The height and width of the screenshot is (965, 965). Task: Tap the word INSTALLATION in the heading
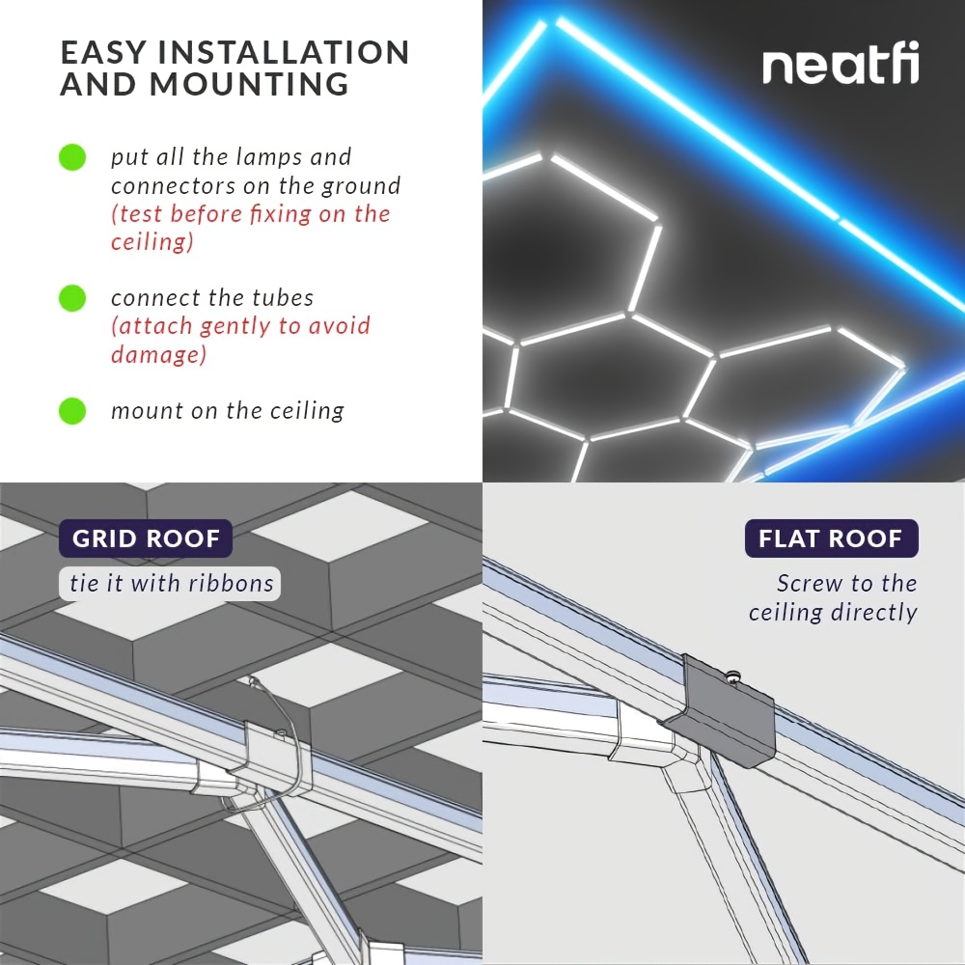(284, 52)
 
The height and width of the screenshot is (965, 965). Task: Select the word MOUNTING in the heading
(249, 84)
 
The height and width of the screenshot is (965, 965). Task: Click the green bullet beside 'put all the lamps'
(72, 157)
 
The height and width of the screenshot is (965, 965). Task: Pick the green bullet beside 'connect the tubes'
(72, 298)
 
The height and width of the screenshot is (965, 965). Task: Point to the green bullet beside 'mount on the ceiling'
(72, 410)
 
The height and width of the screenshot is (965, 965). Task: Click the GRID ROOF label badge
(146, 538)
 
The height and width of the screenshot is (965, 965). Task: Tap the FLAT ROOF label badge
(832, 538)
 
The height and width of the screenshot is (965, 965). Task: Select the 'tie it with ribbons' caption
(171, 584)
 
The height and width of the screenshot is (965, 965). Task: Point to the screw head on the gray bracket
(733, 676)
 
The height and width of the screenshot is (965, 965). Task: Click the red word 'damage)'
(159, 354)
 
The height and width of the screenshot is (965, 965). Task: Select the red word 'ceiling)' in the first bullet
(152, 242)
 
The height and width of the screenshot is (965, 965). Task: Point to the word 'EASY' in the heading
(103, 52)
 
